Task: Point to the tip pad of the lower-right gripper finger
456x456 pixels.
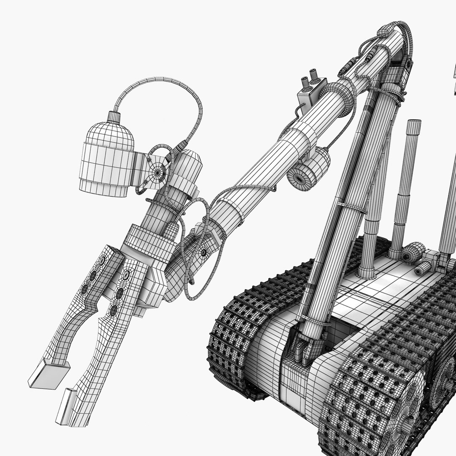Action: (67, 407)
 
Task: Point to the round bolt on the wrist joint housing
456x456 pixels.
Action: (204, 252)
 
